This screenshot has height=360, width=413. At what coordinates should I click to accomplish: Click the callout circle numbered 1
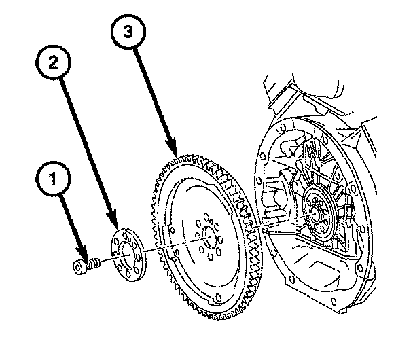(53, 179)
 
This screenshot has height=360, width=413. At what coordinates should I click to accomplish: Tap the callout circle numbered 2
(53, 62)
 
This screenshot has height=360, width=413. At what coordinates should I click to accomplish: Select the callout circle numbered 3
(128, 32)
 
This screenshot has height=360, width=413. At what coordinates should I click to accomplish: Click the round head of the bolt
(79, 267)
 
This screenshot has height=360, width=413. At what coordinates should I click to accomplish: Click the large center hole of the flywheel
(210, 237)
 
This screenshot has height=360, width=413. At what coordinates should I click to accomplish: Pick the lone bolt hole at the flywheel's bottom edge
(218, 298)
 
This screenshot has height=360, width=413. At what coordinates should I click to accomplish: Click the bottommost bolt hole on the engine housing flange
(334, 301)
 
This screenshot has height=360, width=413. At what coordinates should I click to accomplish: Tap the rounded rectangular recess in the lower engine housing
(325, 274)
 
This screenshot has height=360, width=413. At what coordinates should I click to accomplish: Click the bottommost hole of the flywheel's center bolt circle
(210, 256)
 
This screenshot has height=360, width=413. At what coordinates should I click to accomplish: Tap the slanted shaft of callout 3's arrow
(154, 96)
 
